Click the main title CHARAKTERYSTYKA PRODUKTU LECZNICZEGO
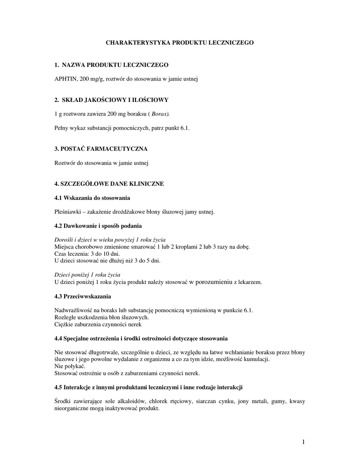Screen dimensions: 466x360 coord(180,42)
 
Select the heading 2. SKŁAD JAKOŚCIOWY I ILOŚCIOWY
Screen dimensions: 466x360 coord(112,99)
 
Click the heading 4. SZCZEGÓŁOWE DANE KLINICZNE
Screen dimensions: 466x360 coord(109,184)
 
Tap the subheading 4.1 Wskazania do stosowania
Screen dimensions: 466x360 coord(92,198)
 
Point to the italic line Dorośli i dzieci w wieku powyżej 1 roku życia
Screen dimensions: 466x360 coord(110,239)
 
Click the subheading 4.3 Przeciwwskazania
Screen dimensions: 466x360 coord(82,297)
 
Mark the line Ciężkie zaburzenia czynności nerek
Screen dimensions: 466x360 coord(98,324)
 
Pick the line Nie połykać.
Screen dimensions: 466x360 coord(70,366)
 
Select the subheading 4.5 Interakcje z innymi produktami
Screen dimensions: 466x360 coord(148,388)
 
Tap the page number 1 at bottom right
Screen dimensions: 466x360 coord(303,442)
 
